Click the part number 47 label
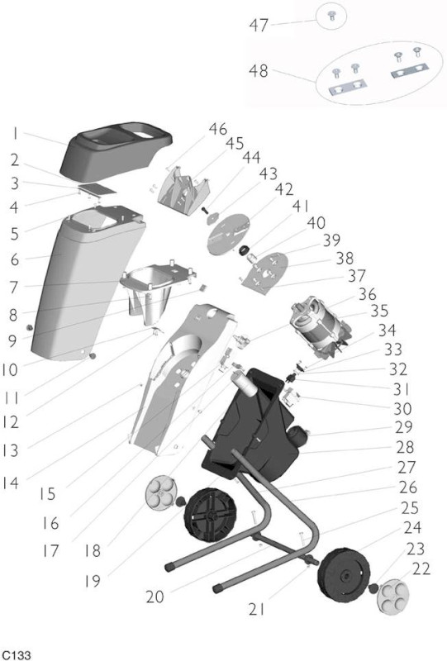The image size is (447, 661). pos(259,26)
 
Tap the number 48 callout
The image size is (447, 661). pos(259,70)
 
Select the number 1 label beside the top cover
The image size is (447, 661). pos(15,134)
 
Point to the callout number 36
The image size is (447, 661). pos(367,294)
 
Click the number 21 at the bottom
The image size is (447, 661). pos(257,609)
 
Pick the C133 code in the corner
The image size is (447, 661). pos(15,655)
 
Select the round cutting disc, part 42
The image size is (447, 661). pos(228,235)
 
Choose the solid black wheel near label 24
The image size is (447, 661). pos(344,575)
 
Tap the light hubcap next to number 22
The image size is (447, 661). pos(392,597)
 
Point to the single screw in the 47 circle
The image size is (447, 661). pos(331,17)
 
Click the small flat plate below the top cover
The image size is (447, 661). pos(97,188)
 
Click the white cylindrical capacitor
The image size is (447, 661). pos(245,383)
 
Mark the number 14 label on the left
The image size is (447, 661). pos(11,483)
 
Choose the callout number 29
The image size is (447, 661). pos(403,426)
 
